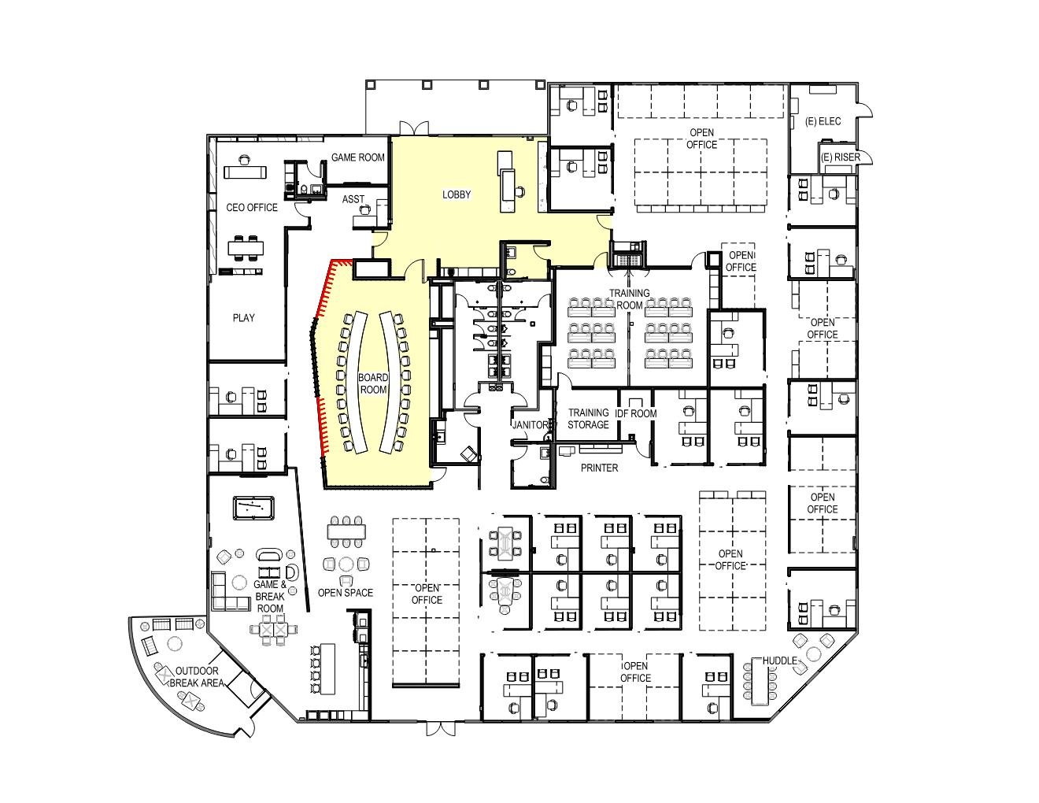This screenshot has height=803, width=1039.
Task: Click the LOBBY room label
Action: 457,194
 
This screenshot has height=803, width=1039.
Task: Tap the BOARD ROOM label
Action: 373,383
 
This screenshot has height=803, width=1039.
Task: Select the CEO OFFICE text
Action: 252,208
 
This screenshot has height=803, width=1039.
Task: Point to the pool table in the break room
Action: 253,508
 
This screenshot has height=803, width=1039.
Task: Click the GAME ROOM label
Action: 357,157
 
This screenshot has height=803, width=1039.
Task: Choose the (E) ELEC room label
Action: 823,121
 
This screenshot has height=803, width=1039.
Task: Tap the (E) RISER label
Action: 840,157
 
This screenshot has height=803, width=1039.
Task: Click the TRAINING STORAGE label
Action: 588,419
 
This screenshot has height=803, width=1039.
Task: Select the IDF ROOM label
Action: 636,413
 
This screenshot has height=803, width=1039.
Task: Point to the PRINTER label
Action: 599,468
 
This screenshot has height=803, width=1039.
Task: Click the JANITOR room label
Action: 531,424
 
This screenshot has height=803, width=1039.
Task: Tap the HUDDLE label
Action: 779,661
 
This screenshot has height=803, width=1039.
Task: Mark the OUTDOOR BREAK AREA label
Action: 197,677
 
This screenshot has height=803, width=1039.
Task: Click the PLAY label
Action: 243,317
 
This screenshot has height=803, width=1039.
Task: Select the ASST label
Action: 353,199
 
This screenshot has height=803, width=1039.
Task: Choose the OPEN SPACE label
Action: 346,593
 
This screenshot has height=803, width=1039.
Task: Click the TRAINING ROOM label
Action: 629,299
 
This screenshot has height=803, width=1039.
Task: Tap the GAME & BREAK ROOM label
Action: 270,597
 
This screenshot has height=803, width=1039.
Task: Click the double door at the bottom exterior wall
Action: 440,729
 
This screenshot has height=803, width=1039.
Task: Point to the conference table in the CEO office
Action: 246,248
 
